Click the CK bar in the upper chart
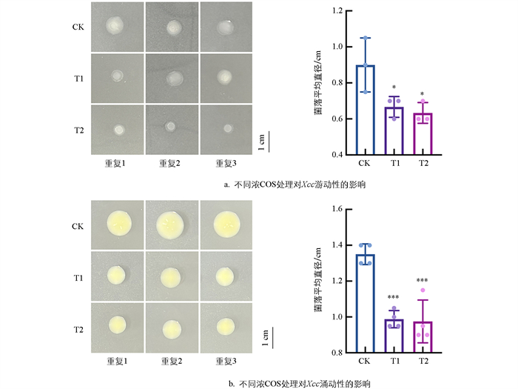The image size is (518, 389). [364, 111]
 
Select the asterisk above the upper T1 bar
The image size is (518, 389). [394, 87]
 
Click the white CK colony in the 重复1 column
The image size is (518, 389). [118, 27]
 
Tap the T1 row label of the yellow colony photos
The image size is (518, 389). [78, 276]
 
